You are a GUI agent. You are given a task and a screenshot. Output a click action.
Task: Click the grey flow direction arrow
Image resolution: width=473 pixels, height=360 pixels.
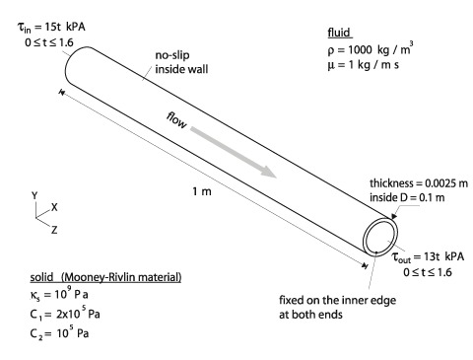[x=234, y=152]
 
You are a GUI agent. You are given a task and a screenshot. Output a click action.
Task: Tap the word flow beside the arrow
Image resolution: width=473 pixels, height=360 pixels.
[x=176, y=120]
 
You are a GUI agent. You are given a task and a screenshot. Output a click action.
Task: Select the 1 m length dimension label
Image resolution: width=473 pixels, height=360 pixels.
[x=202, y=191]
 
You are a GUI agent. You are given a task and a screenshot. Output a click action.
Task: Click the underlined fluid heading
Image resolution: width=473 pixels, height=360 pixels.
[x=339, y=33]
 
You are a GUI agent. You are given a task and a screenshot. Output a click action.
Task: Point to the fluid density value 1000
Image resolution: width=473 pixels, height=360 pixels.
[x=360, y=50]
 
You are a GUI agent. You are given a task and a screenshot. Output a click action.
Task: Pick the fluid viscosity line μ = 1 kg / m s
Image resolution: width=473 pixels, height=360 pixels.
[x=363, y=65]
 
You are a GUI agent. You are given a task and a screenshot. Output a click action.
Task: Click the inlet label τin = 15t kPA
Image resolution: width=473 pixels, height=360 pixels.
[x=51, y=28]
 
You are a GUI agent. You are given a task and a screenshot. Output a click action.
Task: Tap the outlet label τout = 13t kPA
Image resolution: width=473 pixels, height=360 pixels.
[x=429, y=257]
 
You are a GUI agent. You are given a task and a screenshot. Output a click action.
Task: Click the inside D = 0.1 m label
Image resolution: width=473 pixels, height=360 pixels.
[x=407, y=197]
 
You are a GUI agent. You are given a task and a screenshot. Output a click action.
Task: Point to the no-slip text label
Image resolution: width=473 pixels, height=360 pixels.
[x=172, y=55]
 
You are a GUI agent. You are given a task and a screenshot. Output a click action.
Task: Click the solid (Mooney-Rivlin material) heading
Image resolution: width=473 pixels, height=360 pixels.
[x=105, y=277]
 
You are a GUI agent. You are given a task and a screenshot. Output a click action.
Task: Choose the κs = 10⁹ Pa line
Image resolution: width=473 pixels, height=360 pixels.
[x=59, y=294]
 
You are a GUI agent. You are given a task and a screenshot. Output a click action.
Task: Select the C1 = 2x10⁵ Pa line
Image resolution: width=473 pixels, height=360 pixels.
[x=65, y=314]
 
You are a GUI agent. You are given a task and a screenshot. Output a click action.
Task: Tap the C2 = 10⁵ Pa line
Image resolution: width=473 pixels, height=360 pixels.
[x=59, y=333]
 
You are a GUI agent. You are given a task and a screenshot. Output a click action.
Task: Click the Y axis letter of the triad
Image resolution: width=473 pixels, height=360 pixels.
[x=34, y=196]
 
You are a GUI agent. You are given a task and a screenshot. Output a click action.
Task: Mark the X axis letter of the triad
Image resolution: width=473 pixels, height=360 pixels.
[x=54, y=207]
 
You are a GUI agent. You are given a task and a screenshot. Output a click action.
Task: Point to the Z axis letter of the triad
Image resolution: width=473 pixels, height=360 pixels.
[x=54, y=230]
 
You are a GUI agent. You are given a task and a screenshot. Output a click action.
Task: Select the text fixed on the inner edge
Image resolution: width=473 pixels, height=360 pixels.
[x=337, y=300]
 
